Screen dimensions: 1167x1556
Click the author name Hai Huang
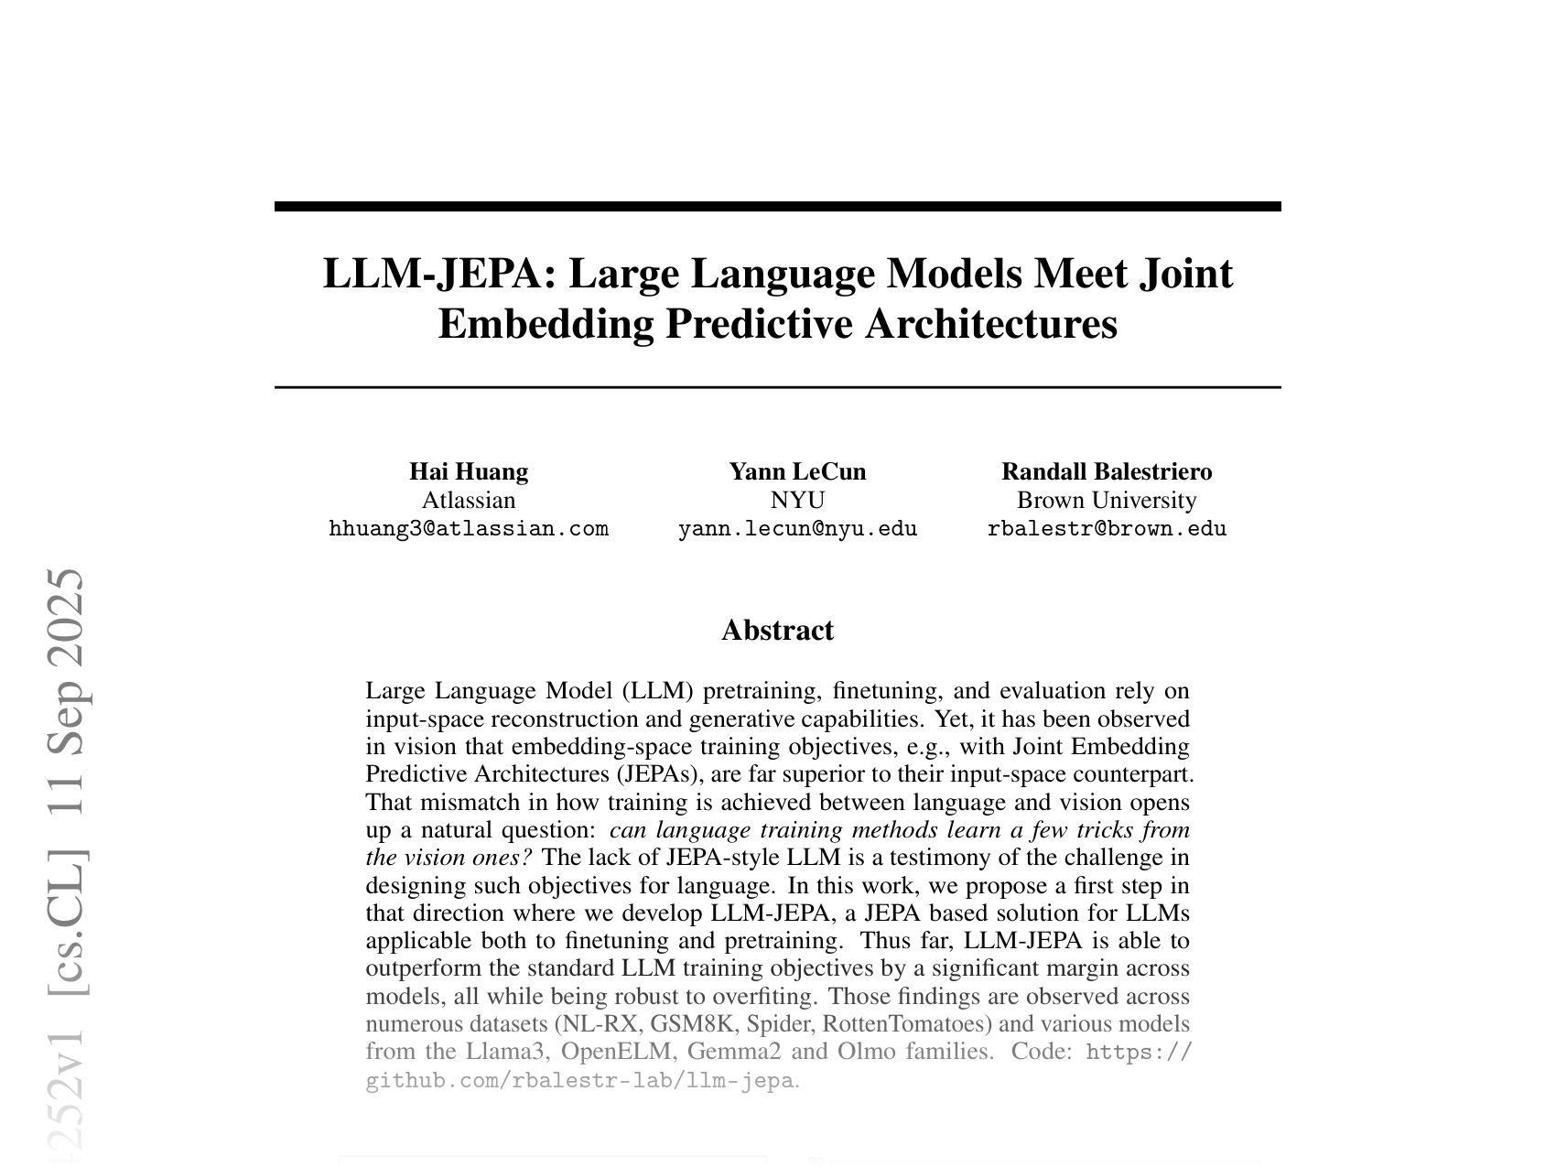tap(468, 471)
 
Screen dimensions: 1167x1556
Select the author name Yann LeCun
tap(797, 471)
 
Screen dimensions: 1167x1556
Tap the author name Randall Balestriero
tap(1107, 471)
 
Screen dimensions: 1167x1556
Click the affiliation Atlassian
tap(468, 500)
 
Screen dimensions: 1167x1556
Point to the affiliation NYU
tap(797, 500)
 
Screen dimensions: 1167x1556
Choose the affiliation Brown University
tap(1107, 500)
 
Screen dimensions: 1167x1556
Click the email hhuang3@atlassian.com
tap(468, 529)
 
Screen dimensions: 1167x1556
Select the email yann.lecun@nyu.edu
tap(797, 529)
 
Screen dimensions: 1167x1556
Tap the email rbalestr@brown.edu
tap(1107, 529)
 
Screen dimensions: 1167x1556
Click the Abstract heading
tap(777, 630)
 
